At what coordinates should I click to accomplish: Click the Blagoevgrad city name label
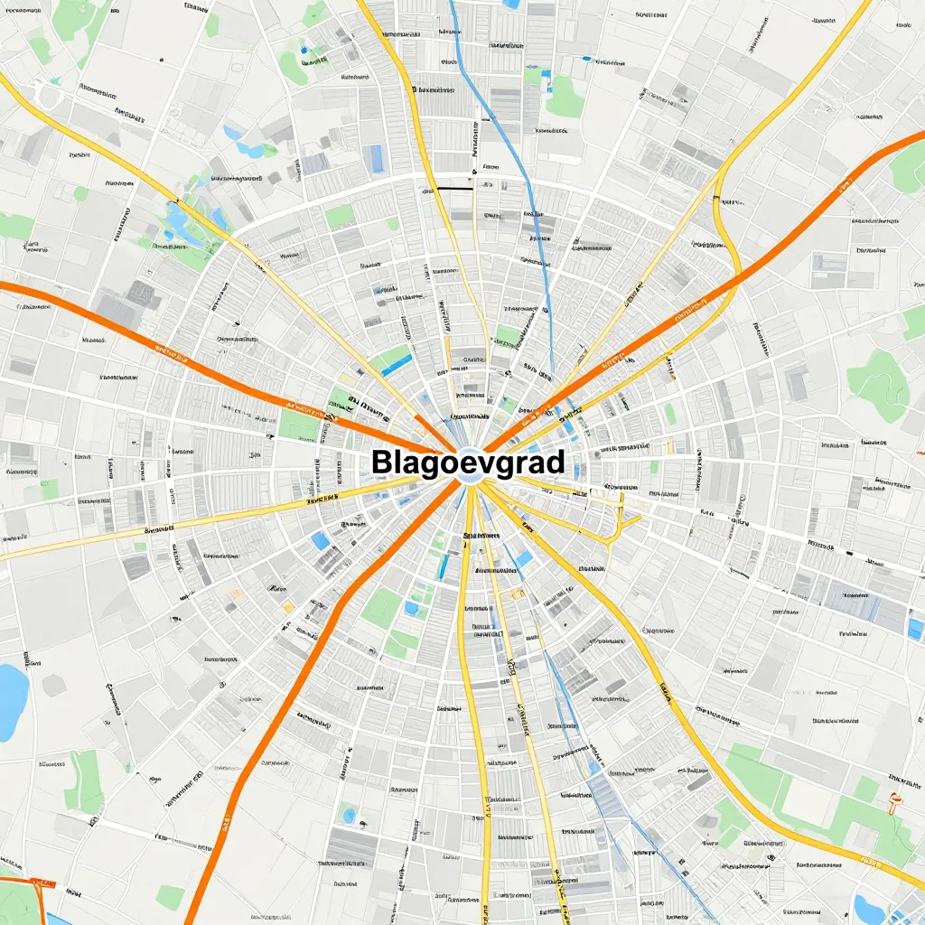tap(468, 462)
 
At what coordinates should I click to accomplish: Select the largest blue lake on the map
tap(11, 700)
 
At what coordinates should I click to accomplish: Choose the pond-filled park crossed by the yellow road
tap(185, 226)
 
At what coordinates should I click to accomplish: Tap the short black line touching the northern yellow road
tap(452, 188)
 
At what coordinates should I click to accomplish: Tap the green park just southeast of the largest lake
tap(86, 781)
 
